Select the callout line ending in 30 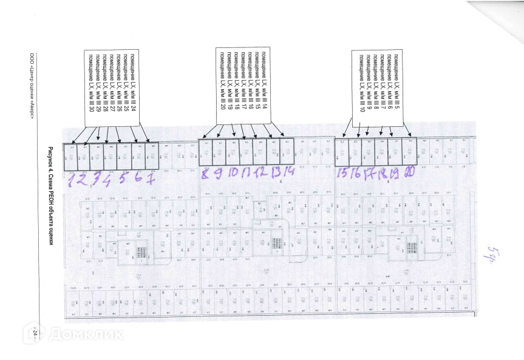pyautogui.click(x=91, y=80)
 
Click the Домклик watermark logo pyautogui.click(x=73, y=333)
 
